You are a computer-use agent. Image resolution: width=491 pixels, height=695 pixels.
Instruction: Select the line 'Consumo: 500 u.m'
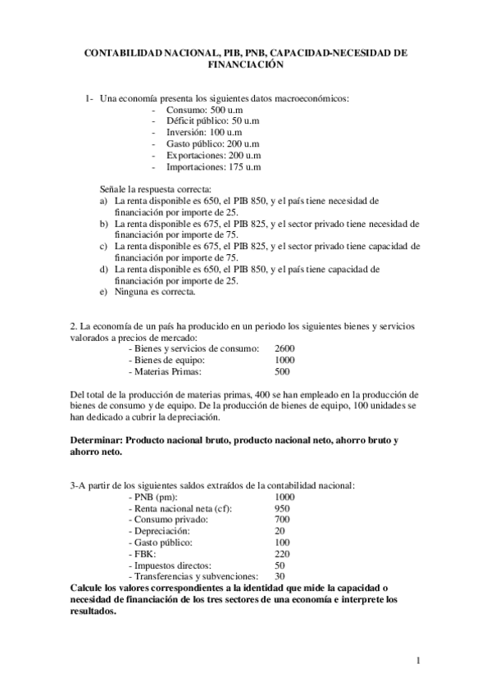point(201,109)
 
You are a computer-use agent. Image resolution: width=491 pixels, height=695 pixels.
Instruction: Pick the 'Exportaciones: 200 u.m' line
point(213,155)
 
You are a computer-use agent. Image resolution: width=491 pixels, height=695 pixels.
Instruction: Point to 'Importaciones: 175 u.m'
point(213,166)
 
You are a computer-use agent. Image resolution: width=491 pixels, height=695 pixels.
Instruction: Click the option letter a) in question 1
point(103,200)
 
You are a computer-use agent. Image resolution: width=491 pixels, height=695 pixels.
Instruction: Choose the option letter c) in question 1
point(103,245)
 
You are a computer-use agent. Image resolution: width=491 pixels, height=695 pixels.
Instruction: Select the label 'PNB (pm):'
point(156,497)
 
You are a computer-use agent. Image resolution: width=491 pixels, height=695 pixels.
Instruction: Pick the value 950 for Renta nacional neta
point(282,508)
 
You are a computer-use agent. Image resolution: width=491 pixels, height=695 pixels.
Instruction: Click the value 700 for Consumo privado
point(282,520)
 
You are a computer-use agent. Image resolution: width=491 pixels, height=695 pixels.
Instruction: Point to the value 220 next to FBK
point(282,554)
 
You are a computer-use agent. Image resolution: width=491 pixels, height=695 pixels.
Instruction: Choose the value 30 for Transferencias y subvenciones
point(280,577)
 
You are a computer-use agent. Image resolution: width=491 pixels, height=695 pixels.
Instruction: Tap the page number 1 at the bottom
point(418,661)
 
